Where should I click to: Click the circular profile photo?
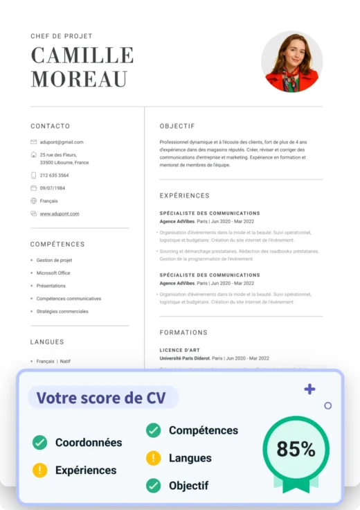coord(291,62)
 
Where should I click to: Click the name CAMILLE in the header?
coord(82,55)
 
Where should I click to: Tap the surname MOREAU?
coord(80,79)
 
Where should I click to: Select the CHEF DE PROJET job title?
coord(62,36)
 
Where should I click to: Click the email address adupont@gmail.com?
coord(62,142)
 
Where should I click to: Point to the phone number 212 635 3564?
coord(54,175)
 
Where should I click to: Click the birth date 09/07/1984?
coord(53,188)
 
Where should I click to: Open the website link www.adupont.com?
coord(60,214)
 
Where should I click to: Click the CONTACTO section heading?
coord(50,126)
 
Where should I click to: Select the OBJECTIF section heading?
coord(177,126)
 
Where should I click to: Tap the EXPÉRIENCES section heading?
coord(184,196)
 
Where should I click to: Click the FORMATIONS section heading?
coord(183,333)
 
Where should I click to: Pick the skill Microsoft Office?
coord(53,273)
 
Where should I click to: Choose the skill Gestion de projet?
coord(54,261)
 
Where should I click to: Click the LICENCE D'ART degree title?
coord(180,350)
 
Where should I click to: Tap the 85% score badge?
coord(296,450)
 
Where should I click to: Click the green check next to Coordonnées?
coord(40,443)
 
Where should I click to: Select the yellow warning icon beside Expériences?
coord(40,471)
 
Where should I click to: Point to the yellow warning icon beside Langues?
coord(153,458)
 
